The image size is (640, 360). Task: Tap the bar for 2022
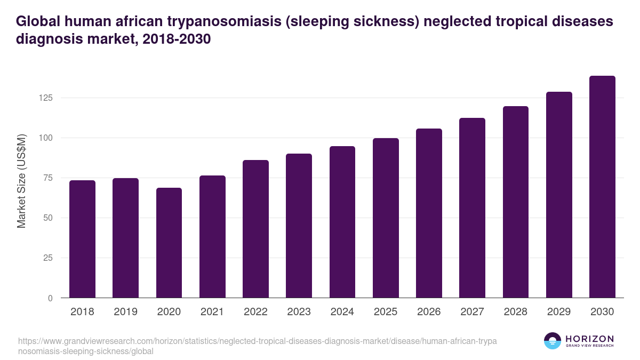(255, 229)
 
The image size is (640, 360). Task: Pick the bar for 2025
(386, 218)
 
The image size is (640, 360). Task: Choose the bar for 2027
(472, 208)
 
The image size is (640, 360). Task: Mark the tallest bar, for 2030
(602, 187)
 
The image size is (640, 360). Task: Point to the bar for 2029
(559, 195)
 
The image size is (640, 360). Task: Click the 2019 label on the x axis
(125, 312)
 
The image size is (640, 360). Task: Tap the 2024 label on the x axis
(342, 312)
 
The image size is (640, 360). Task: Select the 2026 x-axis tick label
(429, 312)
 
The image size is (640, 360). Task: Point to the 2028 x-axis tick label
(515, 312)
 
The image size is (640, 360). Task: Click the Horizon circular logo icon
(553, 341)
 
